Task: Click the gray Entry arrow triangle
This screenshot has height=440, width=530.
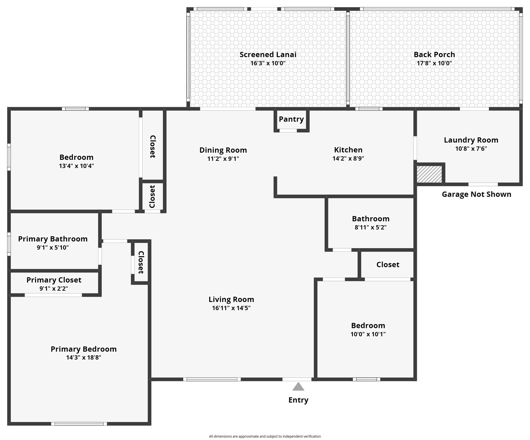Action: pos(298,387)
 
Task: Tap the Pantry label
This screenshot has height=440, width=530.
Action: pos(291,119)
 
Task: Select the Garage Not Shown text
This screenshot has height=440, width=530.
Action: pos(476,194)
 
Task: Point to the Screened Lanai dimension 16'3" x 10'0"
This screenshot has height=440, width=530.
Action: pos(268,63)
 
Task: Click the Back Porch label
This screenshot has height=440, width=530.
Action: pos(434,54)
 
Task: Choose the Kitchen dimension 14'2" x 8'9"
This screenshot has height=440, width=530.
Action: pos(348,158)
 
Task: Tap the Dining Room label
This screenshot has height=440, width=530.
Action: pos(223,150)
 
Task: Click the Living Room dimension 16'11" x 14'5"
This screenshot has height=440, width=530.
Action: pos(231,308)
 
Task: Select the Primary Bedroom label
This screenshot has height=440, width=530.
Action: pos(84,349)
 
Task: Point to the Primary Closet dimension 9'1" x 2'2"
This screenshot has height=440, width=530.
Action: pos(54,288)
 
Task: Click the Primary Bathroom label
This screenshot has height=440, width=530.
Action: pos(53,239)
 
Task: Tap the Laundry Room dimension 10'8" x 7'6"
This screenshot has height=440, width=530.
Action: pos(471,149)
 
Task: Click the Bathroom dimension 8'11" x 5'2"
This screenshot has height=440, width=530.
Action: pos(371,227)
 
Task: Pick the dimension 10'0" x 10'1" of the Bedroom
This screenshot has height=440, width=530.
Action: pos(368,334)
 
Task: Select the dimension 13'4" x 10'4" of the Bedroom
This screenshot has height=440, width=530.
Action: pos(76,166)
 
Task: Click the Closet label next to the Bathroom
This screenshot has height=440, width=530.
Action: pos(388,264)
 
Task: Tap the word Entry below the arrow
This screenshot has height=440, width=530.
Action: pos(298,400)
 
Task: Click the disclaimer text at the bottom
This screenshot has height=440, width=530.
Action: pos(265,436)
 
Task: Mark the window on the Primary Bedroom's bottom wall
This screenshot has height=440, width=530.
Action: pos(79,424)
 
